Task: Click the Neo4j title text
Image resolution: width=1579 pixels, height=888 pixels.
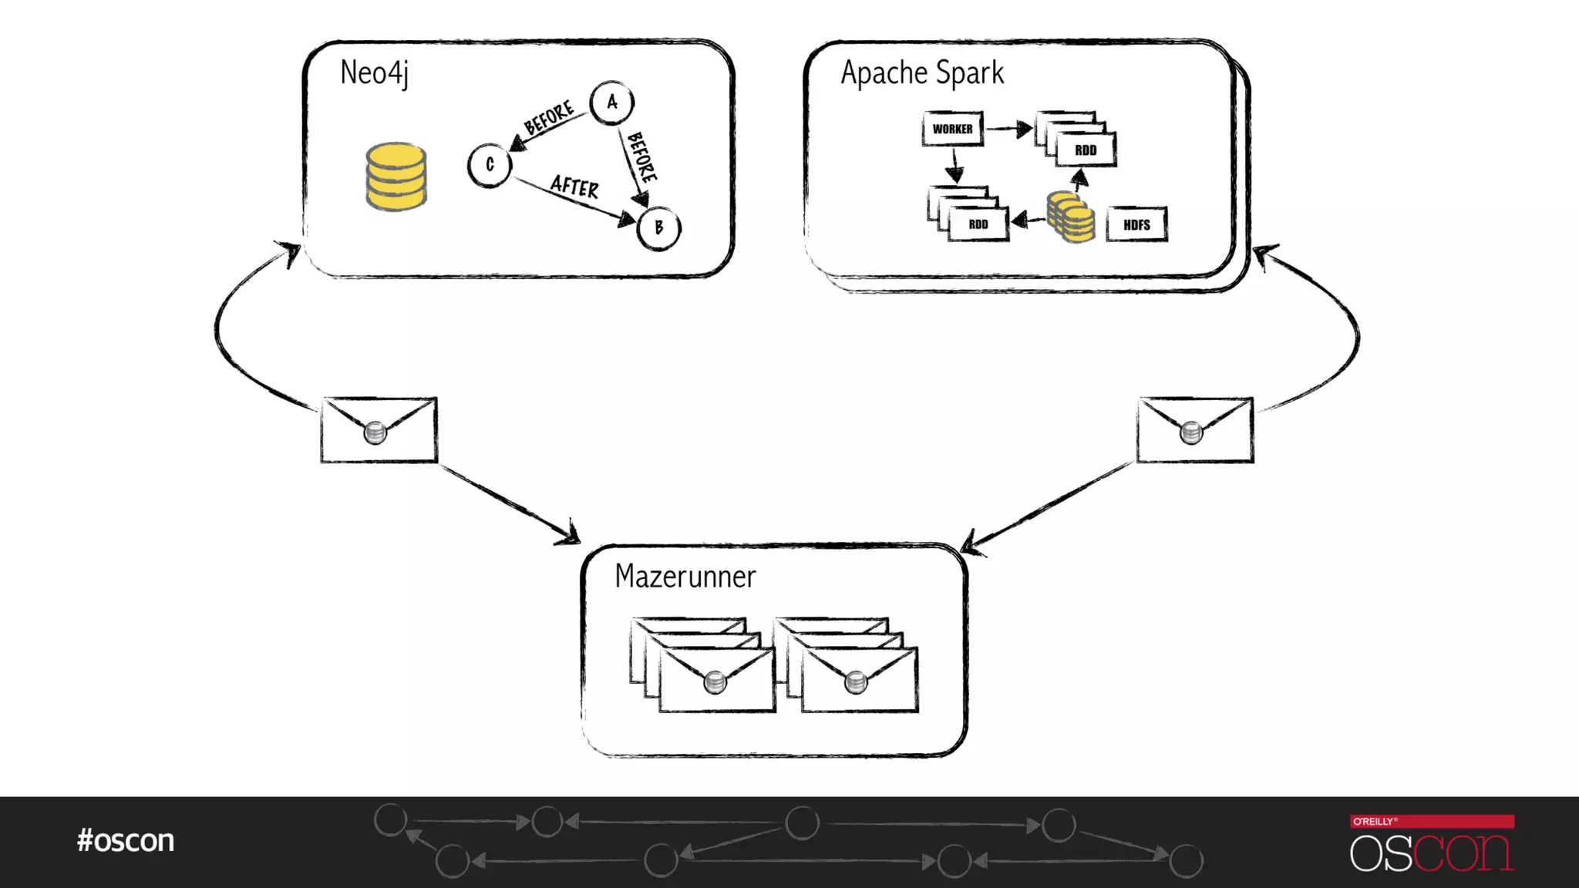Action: (x=374, y=73)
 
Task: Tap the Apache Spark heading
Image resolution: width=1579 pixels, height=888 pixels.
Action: (x=922, y=73)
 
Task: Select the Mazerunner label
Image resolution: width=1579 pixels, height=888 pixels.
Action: (x=685, y=577)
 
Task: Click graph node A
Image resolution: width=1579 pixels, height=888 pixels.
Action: (x=612, y=103)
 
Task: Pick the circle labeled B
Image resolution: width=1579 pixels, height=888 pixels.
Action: (x=659, y=228)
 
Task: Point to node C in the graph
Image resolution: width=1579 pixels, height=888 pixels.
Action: (x=490, y=165)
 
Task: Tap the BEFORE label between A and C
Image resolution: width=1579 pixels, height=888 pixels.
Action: (x=549, y=117)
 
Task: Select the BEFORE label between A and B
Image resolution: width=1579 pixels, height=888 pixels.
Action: (x=642, y=156)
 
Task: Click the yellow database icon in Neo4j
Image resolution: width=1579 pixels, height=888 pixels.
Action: (x=396, y=176)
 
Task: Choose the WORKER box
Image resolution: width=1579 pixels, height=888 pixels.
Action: (x=952, y=129)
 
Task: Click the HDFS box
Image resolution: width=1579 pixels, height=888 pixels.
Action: (x=1136, y=225)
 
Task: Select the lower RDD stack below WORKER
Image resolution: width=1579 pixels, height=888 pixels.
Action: (x=969, y=214)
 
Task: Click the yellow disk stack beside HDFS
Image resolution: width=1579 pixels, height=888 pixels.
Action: (x=1071, y=218)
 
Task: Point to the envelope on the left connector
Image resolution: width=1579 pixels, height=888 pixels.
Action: (x=379, y=430)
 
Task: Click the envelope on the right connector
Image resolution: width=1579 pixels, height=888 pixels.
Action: (x=1194, y=430)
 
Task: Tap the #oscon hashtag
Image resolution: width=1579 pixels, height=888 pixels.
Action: (x=126, y=840)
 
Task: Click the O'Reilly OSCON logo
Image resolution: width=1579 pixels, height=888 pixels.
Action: (x=1432, y=843)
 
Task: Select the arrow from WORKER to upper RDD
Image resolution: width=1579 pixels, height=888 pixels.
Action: (x=1009, y=129)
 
